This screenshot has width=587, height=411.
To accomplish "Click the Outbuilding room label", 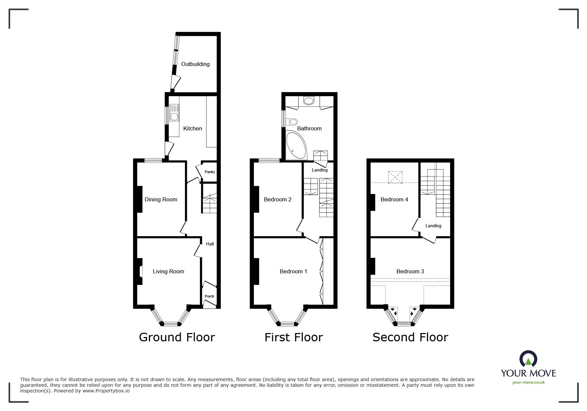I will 195,64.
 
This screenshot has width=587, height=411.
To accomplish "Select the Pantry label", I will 209,172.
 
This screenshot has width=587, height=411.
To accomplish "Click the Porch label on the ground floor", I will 209,296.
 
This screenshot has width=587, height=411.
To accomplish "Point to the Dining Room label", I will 161,199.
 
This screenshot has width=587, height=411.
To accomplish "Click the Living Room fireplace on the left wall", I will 139,271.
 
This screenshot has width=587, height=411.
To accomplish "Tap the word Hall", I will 210,244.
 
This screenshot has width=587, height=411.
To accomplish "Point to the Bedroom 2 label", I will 277,199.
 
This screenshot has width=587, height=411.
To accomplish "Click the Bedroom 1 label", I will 293,271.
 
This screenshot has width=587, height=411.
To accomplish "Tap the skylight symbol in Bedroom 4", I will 395,177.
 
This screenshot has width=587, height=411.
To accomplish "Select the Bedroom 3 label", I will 410,271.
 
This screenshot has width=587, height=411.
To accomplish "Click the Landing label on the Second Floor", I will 433,226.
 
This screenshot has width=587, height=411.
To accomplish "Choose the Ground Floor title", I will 177,337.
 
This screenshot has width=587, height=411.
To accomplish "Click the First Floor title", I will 293,337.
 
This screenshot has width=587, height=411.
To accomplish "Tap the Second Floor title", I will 410,337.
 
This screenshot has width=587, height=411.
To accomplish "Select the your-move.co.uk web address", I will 528,382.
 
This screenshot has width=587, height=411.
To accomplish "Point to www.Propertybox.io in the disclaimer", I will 106,391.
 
